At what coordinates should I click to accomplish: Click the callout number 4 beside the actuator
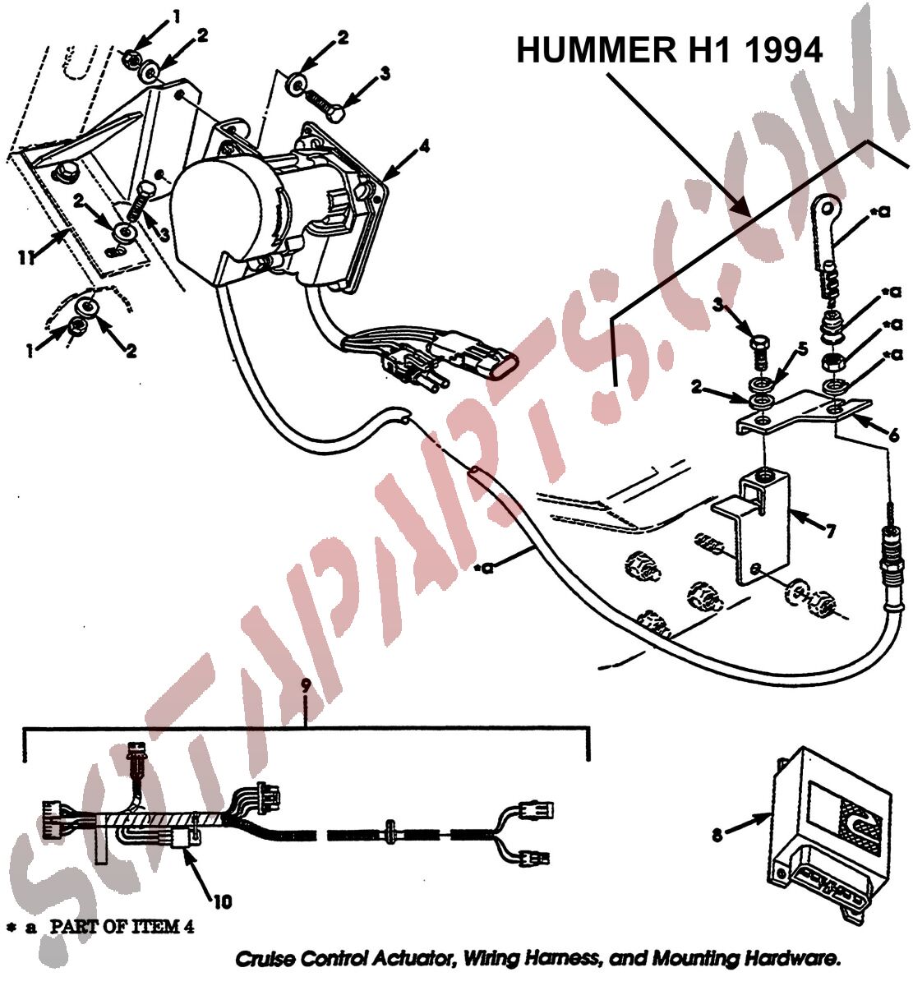click(424, 146)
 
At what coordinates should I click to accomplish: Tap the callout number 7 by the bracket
click(829, 532)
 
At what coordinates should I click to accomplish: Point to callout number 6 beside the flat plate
click(893, 435)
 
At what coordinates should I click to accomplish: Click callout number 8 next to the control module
click(717, 835)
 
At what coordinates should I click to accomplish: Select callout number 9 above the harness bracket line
click(306, 685)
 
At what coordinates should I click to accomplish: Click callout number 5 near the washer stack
click(803, 349)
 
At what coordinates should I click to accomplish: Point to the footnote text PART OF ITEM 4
click(122, 927)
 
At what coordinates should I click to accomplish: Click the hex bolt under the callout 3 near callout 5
click(758, 352)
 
